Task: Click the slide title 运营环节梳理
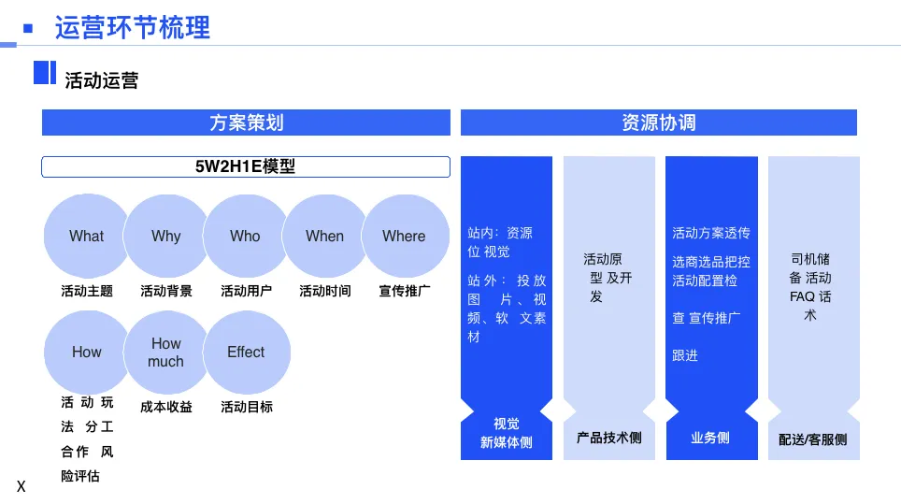click(132, 27)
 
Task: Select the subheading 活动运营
click(101, 80)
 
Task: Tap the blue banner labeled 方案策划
click(246, 122)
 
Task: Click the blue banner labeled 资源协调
click(658, 122)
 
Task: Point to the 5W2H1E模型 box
click(245, 167)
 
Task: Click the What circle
click(87, 237)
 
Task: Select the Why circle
click(165, 237)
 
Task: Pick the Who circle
click(245, 237)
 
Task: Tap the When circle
click(324, 237)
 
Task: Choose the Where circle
click(404, 237)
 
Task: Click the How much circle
click(165, 353)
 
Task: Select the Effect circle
click(246, 353)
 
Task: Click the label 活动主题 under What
click(87, 291)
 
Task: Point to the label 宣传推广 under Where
click(404, 291)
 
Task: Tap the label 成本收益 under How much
click(166, 407)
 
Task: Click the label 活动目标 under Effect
click(247, 407)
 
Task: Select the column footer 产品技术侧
click(608, 438)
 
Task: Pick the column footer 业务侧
click(710, 438)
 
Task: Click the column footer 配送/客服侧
click(812, 439)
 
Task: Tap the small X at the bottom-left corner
click(21, 487)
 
